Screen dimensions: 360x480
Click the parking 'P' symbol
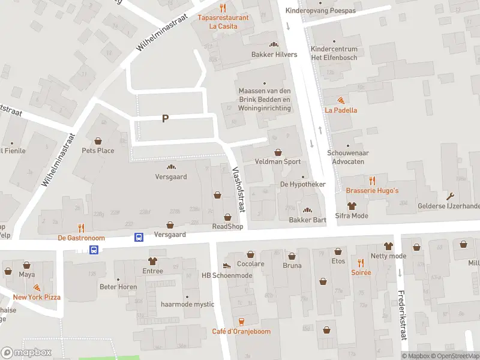point(165,119)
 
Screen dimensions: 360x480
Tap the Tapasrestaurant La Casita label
point(223,22)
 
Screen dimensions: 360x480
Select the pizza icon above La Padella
point(341,100)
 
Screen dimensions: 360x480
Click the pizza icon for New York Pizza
point(37,288)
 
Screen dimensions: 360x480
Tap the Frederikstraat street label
point(402,315)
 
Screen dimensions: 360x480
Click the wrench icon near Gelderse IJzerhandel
point(450,196)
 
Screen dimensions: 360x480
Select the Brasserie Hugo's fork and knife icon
point(372,181)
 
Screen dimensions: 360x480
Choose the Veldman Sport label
point(277,162)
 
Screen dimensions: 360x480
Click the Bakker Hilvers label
point(274,55)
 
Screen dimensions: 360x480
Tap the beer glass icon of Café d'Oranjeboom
point(241,322)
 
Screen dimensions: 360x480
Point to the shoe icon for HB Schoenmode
point(227,265)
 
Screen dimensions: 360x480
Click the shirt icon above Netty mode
point(388,246)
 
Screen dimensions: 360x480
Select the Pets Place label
point(98,151)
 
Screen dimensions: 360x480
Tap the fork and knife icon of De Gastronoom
point(81,228)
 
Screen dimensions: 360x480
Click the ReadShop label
point(227,226)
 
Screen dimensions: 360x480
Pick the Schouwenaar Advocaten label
point(348,157)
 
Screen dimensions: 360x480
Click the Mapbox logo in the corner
point(26,352)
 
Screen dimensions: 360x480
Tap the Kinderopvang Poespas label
point(329,11)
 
